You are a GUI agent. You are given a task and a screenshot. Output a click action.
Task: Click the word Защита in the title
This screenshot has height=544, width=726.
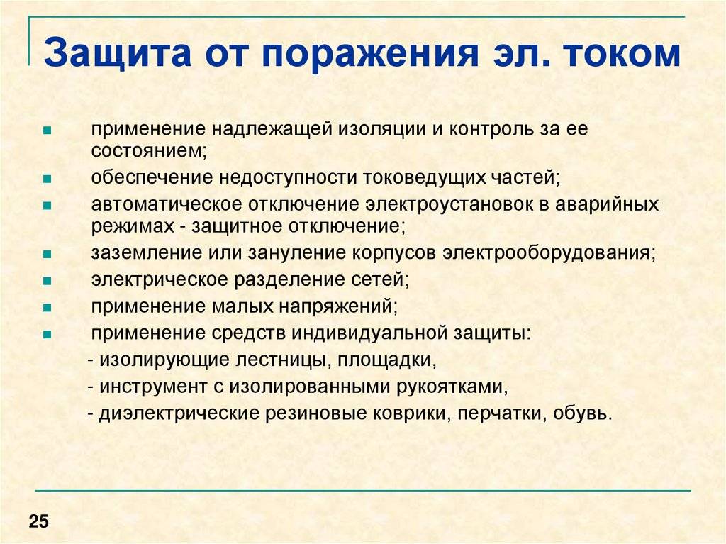118,54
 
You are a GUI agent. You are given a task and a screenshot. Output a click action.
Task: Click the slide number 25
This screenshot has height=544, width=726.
38,521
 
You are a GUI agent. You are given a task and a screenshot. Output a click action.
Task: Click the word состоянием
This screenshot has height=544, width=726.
149,150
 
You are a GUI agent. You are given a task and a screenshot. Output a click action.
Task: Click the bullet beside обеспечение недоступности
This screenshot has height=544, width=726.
47,179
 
